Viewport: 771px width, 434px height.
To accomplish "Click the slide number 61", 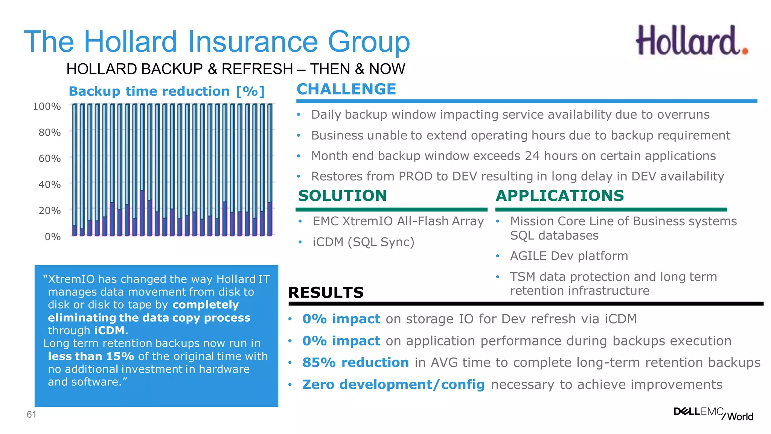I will [x=31, y=415].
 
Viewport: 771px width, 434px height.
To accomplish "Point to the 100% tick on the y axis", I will [x=47, y=107].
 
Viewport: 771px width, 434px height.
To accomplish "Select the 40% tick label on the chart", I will [x=49, y=185].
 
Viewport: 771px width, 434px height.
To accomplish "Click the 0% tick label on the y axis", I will [x=52, y=237].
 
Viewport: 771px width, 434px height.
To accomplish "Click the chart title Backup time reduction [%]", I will [x=167, y=92].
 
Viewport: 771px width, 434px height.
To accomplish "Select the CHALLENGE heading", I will [x=346, y=89].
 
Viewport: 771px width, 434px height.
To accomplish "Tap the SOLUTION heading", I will [x=342, y=196].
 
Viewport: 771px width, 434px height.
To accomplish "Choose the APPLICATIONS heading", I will [x=559, y=196].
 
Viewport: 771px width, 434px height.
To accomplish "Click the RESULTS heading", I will [x=326, y=293].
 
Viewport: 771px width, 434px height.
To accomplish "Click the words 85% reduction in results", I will [x=355, y=362].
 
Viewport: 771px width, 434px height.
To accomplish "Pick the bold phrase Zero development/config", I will [x=393, y=385].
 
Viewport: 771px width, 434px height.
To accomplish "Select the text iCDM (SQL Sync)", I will [x=363, y=242].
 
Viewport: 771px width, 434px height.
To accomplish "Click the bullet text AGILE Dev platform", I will [x=569, y=256].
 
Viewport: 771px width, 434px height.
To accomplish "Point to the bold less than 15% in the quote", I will [x=91, y=356].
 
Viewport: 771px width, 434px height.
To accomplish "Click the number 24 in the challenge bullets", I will [x=532, y=156].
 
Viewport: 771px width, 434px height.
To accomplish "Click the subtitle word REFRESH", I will [x=257, y=69].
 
